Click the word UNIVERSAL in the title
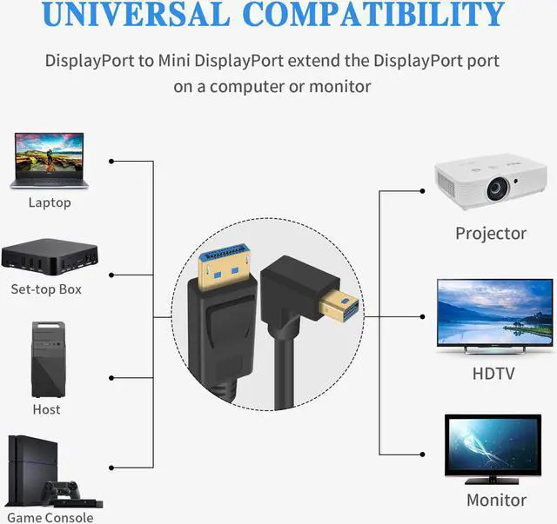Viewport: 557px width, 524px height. click(136, 14)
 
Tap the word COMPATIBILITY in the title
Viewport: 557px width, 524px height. click(374, 14)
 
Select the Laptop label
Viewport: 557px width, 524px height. click(50, 202)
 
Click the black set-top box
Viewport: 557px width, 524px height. click(50, 256)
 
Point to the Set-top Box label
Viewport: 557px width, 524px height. click(46, 289)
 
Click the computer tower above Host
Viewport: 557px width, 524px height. click(49, 360)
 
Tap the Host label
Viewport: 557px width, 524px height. click(46, 409)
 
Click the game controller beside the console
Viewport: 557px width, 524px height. click(61, 491)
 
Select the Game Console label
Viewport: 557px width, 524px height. click(50, 518)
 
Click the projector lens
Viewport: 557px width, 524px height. click(498, 189)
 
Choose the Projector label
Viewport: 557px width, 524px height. click(491, 234)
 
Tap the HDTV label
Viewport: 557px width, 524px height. click(493, 374)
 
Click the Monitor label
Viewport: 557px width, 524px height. click(496, 501)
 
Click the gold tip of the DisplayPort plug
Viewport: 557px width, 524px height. click(225, 267)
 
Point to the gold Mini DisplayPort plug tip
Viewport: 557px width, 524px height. click(339, 306)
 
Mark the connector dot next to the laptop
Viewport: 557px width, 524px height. click(111, 162)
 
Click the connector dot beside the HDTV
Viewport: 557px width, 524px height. click(422, 316)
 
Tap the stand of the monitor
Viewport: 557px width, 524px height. click(493, 481)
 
